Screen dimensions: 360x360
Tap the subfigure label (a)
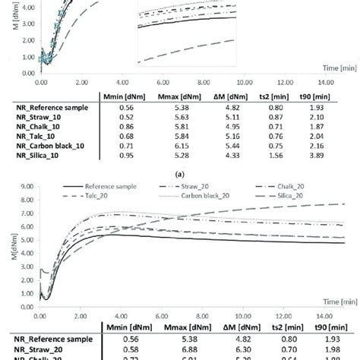[180, 172]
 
